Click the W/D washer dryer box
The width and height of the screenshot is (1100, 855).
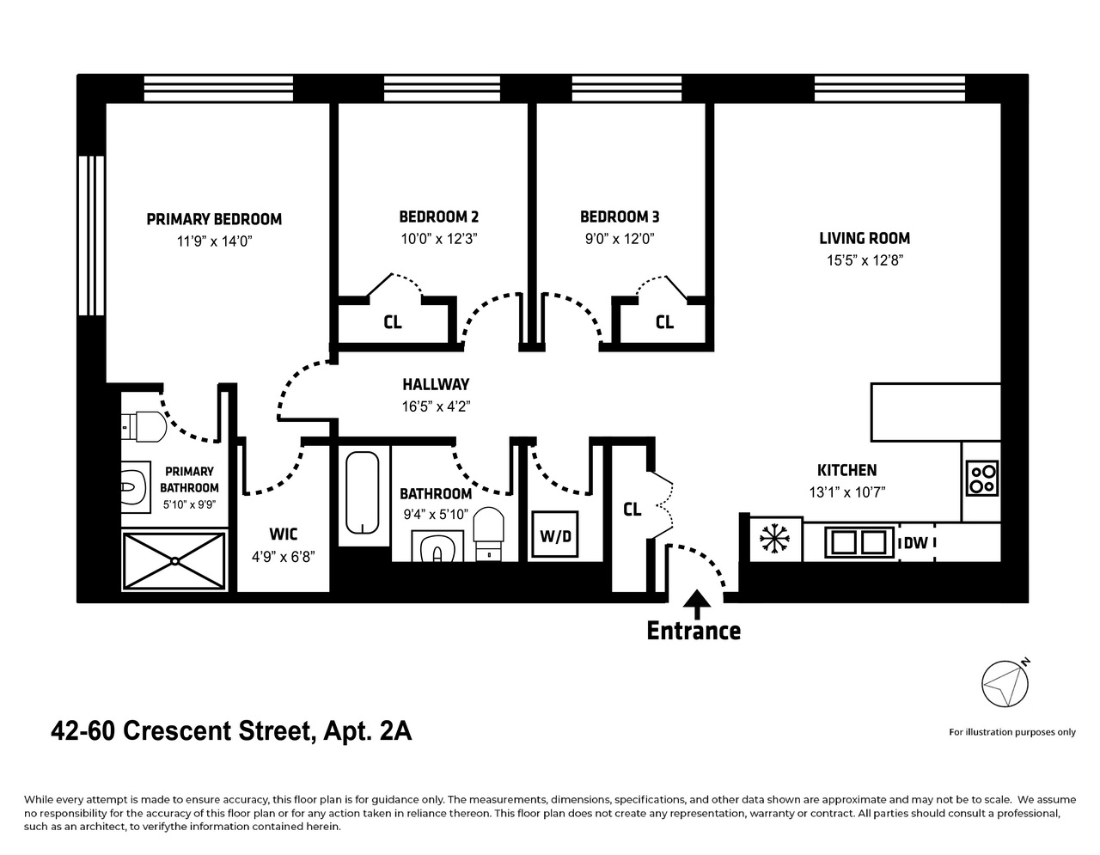[555, 534]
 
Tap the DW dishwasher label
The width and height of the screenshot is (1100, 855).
[916, 543]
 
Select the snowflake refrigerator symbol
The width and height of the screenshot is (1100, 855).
[774, 538]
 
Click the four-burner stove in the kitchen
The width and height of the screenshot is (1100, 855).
[982, 478]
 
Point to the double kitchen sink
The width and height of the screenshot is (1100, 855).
[859, 542]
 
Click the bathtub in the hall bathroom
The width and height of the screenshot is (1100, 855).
[362, 492]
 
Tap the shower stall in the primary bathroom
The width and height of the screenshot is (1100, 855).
[174, 560]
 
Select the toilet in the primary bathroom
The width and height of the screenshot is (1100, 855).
[144, 426]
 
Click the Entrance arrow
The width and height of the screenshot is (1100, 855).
[697, 604]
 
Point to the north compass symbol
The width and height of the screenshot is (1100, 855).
[1005, 684]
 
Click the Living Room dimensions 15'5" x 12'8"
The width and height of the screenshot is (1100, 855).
[865, 260]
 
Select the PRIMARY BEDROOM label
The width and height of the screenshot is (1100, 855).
[214, 219]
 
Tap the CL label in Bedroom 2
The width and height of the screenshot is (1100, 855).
[393, 321]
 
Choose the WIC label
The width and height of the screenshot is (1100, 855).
[284, 534]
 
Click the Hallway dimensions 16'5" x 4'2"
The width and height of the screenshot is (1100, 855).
[436, 406]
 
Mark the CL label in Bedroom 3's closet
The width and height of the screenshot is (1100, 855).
[664, 321]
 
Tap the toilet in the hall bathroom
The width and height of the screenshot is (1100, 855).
[488, 533]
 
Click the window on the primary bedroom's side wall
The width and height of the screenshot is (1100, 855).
[92, 235]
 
